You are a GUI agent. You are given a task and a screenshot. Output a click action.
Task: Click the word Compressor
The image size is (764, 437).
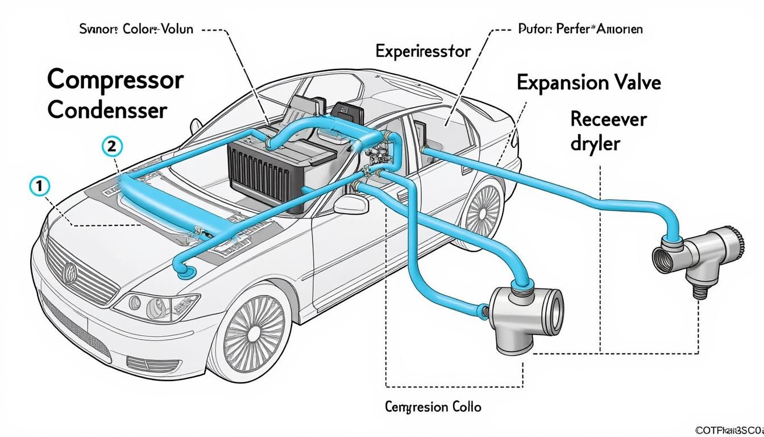click(x=115, y=80)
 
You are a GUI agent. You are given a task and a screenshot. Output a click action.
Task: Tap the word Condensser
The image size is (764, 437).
click(x=107, y=110)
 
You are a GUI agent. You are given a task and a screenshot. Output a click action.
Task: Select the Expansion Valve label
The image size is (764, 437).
click(x=588, y=83)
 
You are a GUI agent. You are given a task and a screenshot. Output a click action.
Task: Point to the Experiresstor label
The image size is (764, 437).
click(x=423, y=52)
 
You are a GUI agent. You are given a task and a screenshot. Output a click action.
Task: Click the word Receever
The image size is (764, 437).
click(x=608, y=119)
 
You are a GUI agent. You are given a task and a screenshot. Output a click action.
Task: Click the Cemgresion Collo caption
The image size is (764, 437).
click(x=433, y=407)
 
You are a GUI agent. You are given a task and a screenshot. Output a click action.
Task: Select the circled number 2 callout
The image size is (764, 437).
click(x=111, y=146)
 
